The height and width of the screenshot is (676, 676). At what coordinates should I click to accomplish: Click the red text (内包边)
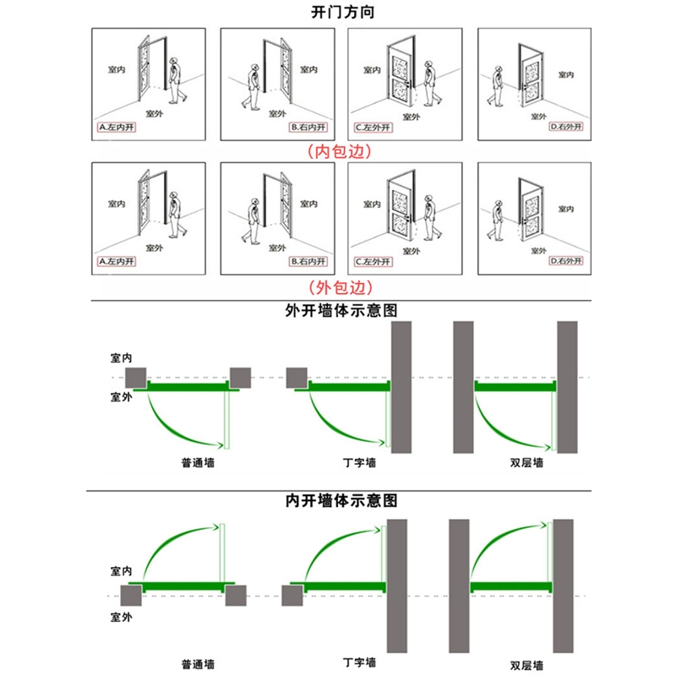point(338,151)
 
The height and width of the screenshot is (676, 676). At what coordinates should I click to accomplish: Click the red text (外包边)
point(338,286)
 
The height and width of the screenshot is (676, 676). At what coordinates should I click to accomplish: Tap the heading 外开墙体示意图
point(338,309)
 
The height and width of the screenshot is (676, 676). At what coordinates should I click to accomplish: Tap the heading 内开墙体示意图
point(338,500)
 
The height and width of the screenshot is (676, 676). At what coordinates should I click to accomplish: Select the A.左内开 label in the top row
point(117,128)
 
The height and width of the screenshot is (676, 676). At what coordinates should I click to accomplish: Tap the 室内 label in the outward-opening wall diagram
point(121,358)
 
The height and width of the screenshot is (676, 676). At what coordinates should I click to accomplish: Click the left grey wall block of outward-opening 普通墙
point(135,378)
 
